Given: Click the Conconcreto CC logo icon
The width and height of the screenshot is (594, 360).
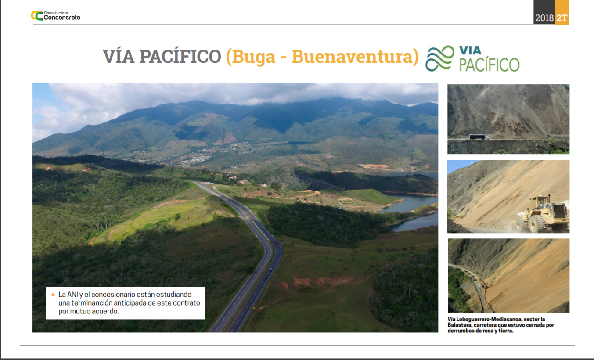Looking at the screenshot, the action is tap(37, 16).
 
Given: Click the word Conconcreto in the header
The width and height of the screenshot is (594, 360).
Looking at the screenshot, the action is tap(62, 18).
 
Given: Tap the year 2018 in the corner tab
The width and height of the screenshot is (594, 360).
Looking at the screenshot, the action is tap(544, 18).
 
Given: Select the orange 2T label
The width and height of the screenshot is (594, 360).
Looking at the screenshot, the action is tap(562, 18).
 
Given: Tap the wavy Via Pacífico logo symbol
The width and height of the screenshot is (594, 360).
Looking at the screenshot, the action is tap(440, 58).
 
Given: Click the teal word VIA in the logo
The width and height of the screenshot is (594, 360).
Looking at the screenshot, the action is tap(471, 50).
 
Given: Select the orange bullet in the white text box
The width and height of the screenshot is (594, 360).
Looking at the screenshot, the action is tap(53, 295).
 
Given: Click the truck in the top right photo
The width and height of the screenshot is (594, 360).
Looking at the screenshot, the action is tap(479, 137).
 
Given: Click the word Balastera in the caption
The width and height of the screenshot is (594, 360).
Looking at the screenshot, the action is tap(459, 325).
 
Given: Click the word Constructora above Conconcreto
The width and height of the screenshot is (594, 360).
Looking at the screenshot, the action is tap(56, 13).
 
